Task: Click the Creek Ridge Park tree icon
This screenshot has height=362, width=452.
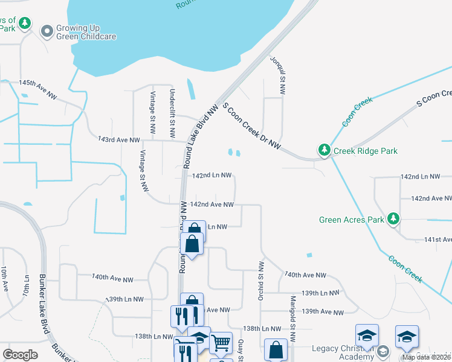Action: [324, 150]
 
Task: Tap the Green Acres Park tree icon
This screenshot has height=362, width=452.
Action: [393, 219]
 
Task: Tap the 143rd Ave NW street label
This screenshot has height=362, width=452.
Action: [118, 140]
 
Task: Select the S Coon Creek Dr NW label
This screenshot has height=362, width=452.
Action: [252, 126]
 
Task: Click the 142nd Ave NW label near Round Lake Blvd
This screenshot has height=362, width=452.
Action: [211, 205]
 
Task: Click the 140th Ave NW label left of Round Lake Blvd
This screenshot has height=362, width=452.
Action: [112, 278]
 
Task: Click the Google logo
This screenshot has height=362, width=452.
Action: [21, 354]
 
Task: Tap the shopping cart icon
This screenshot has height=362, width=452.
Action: [221, 343]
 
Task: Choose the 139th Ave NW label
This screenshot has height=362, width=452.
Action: [322, 311]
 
